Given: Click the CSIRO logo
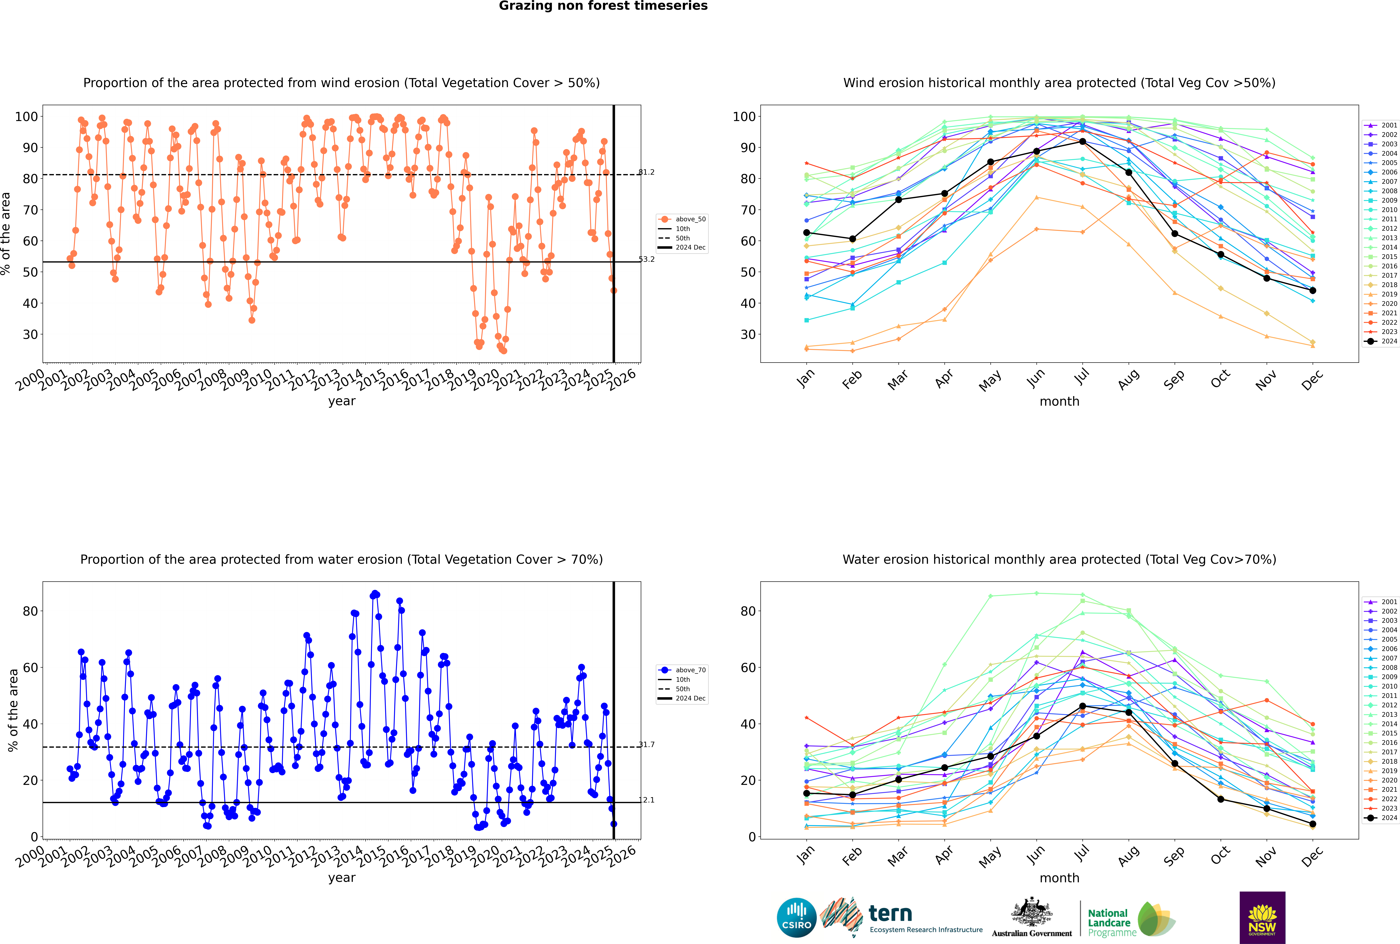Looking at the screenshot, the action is click(x=796, y=918).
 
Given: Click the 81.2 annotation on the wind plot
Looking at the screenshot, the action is click(x=646, y=172).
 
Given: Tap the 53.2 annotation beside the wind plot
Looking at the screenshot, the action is click(x=646, y=260).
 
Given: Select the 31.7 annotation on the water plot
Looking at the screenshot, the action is click(x=646, y=745).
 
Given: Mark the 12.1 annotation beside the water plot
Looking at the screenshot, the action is click(x=646, y=800).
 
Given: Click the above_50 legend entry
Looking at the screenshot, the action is click(x=682, y=219).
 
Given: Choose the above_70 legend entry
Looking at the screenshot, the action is click(x=682, y=670).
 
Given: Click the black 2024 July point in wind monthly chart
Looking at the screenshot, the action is click(x=1082, y=141).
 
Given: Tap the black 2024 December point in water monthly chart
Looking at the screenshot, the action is click(x=1313, y=824).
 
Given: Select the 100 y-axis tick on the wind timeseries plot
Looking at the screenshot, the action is click(x=26, y=117).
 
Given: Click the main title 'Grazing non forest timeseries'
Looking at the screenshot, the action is click(x=603, y=6).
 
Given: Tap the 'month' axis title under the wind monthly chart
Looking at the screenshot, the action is click(x=1059, y=402).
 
